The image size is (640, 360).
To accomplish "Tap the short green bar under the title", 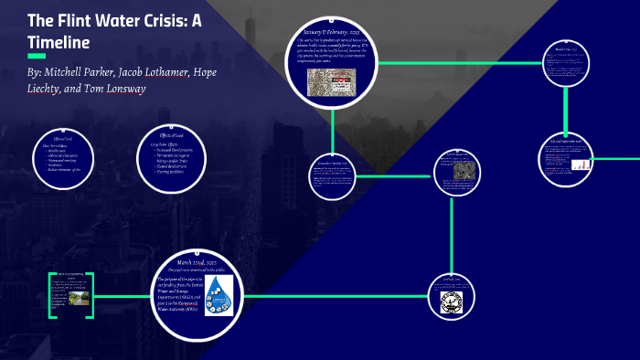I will [x=37, y=56].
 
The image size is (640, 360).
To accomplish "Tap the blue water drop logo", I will [x=218, y=295].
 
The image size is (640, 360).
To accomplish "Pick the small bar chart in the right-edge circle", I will [x=582, y=165].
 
